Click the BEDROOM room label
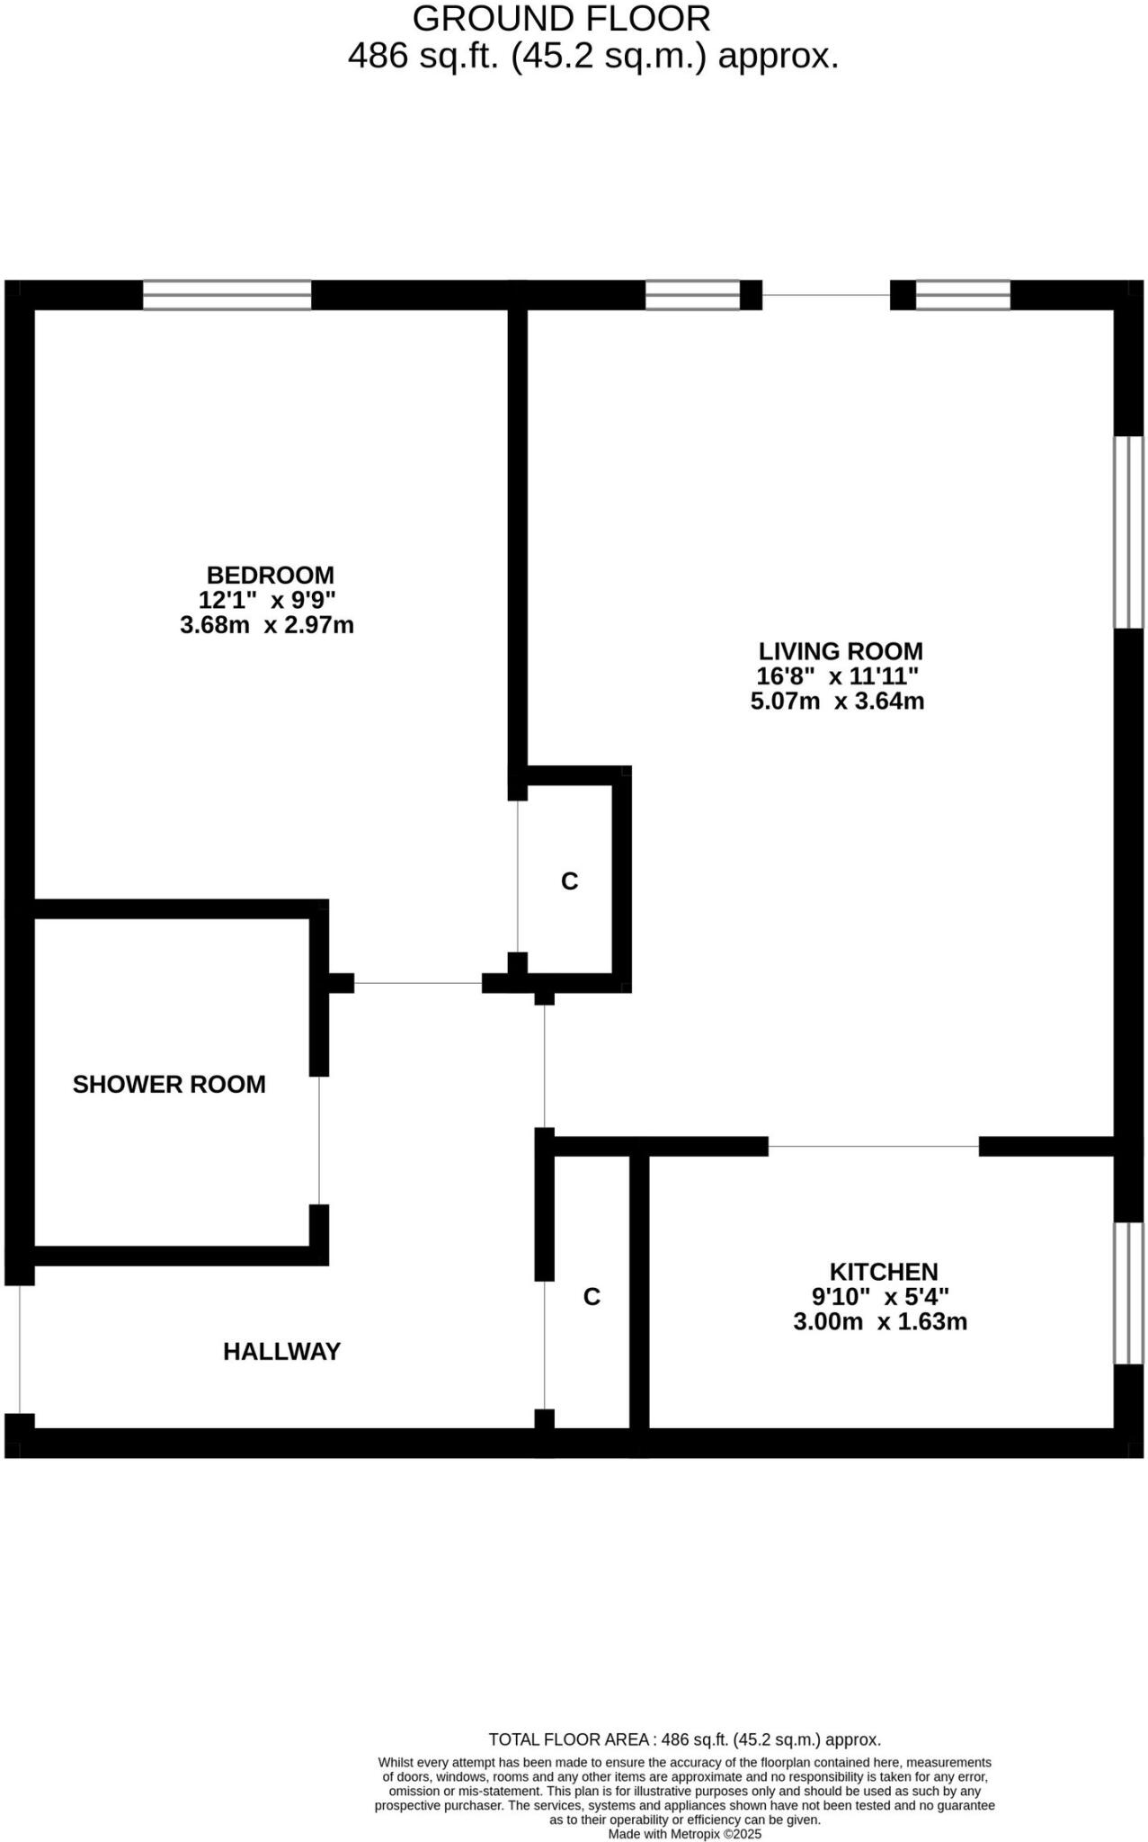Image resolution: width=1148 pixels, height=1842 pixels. [x=270, y=575]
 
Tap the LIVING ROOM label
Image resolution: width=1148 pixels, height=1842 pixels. [x=841, y=650]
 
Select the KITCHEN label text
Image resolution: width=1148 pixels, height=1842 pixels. [x=883, y=1271]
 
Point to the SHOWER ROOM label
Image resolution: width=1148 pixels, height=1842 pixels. [x=169, y=1084]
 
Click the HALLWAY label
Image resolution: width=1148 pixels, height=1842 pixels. [x=281, y=1351]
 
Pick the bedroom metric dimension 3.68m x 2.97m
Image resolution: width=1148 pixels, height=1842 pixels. [x=267, y=625]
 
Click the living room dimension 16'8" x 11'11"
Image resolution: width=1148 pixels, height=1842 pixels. [x=837, y=676]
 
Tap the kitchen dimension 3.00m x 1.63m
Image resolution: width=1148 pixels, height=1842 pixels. [x=880, y=1321]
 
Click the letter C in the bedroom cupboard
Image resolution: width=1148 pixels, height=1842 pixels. [x=569, y=881]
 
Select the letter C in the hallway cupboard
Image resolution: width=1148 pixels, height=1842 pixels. [x=592, y=1296]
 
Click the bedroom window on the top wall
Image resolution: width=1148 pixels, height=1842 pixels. [x=227, y=295]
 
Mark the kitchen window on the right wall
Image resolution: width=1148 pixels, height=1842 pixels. [x=1128, y=1292]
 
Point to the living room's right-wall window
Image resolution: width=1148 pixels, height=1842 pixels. [x=1128, y=532]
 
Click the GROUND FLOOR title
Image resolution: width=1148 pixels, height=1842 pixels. [x=561, y=18]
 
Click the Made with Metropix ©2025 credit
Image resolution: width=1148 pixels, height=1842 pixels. [x=684, y=1834]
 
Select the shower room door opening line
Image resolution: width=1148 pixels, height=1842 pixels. [x=319, y=1140]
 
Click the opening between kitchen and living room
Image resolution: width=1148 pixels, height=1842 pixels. [x=873, y=1146]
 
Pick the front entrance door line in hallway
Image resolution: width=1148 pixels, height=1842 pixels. [x=20, y=1349]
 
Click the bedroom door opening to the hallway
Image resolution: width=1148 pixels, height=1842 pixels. [x=418, y=983]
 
